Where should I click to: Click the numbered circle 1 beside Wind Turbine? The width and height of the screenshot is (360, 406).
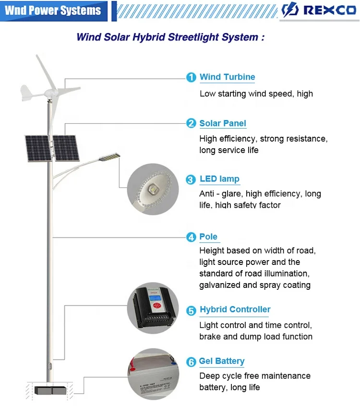191,77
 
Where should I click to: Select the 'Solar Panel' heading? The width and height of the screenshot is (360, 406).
223,123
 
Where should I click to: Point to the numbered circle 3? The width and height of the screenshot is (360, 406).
191,179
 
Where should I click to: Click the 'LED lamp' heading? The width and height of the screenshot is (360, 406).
219,179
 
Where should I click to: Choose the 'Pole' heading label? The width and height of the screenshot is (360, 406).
208,237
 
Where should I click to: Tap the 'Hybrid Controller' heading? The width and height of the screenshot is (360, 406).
235,310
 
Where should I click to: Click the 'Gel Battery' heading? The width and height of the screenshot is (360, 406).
222,361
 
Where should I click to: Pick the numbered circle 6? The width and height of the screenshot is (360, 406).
191,362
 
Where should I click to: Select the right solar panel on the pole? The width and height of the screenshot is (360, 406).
65,147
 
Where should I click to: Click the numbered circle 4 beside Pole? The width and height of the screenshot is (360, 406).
191,237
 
